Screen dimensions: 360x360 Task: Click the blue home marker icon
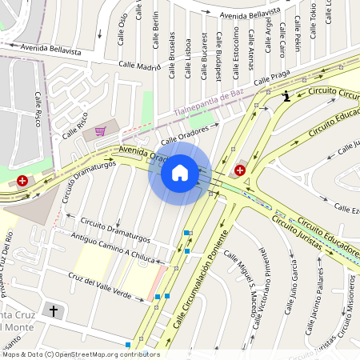[x=180, y=173]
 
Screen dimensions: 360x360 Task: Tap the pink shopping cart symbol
[x=100, y=131]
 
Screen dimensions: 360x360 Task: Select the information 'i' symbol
[x=286, y=97]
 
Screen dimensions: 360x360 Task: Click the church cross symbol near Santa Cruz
[x=54, y=310]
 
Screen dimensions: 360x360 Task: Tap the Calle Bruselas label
[x=171, y=56]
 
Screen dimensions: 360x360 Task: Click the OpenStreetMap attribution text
[x=80, y=354]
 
